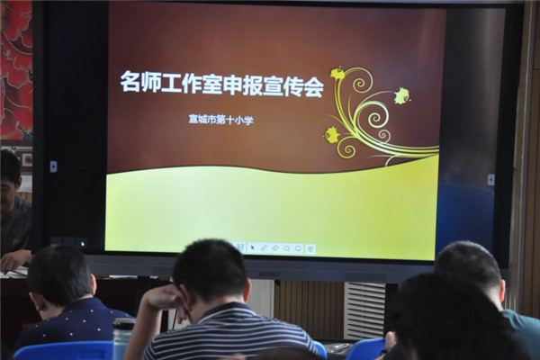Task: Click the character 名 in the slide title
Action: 130,82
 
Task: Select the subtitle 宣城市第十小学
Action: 220,120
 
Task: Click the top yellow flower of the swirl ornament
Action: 337,73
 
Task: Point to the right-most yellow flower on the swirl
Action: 402,95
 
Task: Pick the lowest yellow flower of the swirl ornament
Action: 332,134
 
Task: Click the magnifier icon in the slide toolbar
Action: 286,248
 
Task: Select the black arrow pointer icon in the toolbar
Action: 252,247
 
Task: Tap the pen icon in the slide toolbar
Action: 264,247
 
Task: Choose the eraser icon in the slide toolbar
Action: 275,247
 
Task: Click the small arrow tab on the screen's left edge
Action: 53,166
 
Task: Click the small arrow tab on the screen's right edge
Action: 491,179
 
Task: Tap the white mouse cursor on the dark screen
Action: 82,244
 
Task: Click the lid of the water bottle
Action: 124,324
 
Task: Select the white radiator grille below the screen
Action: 364,310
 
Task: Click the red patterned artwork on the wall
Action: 16,69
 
